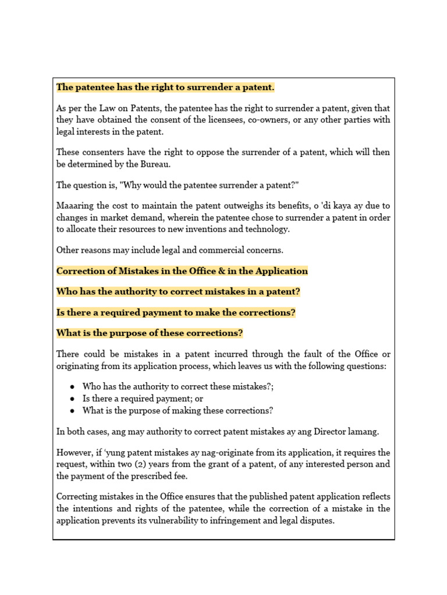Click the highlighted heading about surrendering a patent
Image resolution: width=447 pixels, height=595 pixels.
point(165,87)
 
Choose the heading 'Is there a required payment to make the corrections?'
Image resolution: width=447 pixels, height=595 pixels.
point(176,313)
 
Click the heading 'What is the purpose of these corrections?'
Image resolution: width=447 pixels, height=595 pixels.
point(150,334)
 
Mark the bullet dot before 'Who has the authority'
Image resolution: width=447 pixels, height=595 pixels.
point(72,387)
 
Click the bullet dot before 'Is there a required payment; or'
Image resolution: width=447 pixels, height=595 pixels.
point(72,399)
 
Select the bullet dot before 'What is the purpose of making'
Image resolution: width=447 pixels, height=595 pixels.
point(72,410)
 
